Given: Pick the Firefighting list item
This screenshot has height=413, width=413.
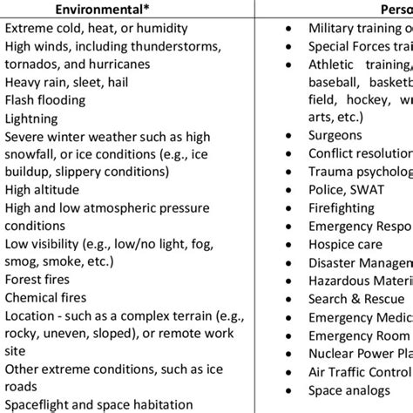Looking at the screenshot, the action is point(345,208).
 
